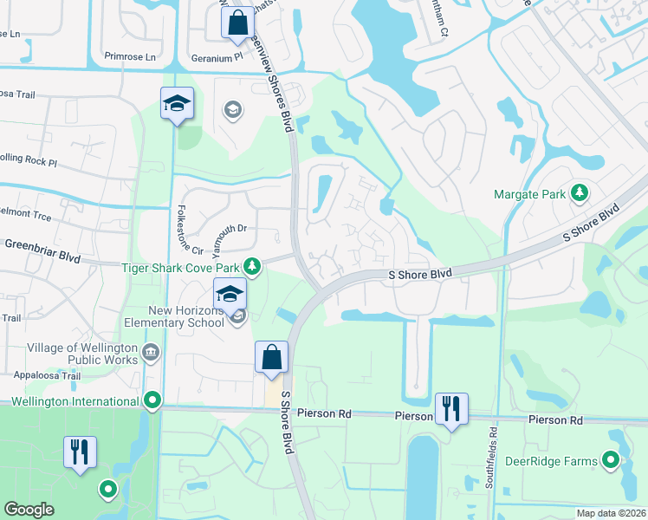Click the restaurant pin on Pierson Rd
(x=450, y=407)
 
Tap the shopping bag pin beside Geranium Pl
(x=237, y=23)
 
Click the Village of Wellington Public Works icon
(x=151, y=353)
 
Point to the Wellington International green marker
(x=153, y=401)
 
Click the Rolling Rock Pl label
(x=26, y=162)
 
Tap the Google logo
(x=29, y=510)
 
